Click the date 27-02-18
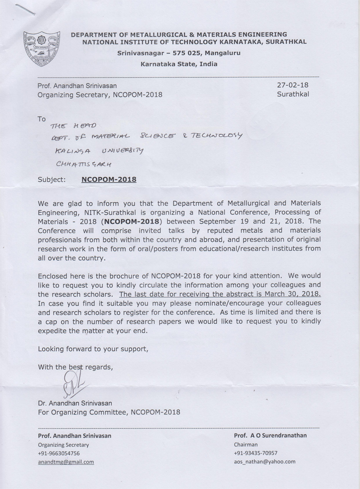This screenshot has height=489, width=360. (293, 85)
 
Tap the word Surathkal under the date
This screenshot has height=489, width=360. (293, 94)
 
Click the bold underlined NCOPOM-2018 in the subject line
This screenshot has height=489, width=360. (109, 180)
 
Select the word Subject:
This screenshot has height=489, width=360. (52, 180)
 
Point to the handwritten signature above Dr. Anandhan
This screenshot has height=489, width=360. (73, 383)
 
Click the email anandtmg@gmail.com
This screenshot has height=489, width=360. (66, 461)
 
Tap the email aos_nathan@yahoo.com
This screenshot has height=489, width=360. (264, 461)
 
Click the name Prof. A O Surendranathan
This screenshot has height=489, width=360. (270, 435)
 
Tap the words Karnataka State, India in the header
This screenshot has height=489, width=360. (179, 64)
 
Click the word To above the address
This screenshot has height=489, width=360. (42, 119)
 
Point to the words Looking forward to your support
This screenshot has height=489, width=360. (93, 349)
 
